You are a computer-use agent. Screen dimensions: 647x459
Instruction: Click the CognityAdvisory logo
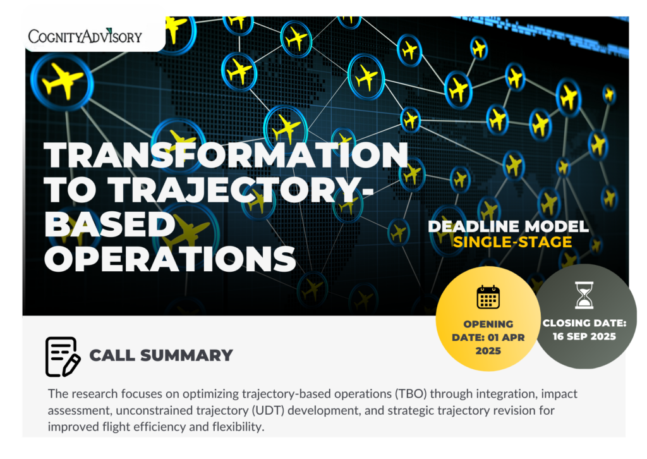(x=85, y=36)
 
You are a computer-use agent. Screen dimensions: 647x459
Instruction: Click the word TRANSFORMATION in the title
(x=226, y=155)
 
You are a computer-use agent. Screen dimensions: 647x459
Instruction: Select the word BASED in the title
(x=110, y=224)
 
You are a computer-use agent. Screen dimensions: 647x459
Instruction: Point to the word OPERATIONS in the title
(x=170, y=259)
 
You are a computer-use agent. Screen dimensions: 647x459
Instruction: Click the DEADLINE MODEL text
(x=509, y=226)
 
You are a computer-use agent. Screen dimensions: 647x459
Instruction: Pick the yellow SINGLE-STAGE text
(x=512, y=242)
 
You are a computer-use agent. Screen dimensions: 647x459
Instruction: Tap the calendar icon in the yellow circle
(x=488, y=297)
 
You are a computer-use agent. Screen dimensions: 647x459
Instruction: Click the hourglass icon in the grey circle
(x=584, y=295)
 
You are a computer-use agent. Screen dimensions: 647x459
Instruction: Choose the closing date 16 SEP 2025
(x=584, y=336)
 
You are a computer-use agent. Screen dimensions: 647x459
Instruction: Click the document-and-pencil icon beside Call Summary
(x=63, y=357)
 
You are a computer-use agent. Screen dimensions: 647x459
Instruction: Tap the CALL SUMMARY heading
(x=161, y=355)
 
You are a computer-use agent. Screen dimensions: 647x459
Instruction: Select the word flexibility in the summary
(x=238, y=426)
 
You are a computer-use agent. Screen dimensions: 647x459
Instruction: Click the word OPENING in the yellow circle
(x=488, y=324)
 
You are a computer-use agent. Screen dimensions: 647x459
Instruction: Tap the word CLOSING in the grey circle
(x=567, y=323)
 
